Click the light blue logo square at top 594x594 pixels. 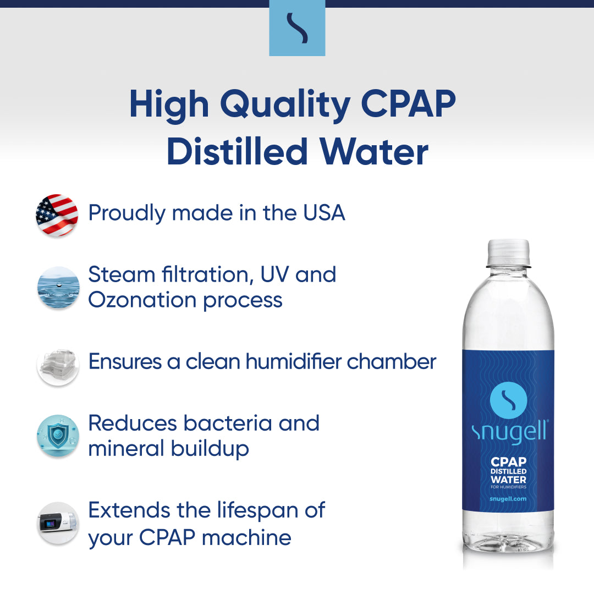[x=297, y=28]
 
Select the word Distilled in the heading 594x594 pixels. [x=237, y=152]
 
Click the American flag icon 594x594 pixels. [x=57, y=215]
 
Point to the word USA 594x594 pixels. [x=324, y=212]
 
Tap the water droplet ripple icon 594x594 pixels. [x=58, y=287]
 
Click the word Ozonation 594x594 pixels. [x=142, y=300]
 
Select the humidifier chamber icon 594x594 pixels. [x=58, y=366]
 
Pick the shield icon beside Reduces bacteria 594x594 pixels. [x=58, y=436]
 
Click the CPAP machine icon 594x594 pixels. [x=58, y=523]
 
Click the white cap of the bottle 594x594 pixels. [x=508, y=252]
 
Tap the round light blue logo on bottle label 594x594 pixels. [x=508, y=400]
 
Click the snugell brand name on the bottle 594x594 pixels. [x=509, y=432]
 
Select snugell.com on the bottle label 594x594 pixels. [x=508, y=498]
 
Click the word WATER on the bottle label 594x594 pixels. [x=508, y=479]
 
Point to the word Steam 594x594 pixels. [x=122, y=274]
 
